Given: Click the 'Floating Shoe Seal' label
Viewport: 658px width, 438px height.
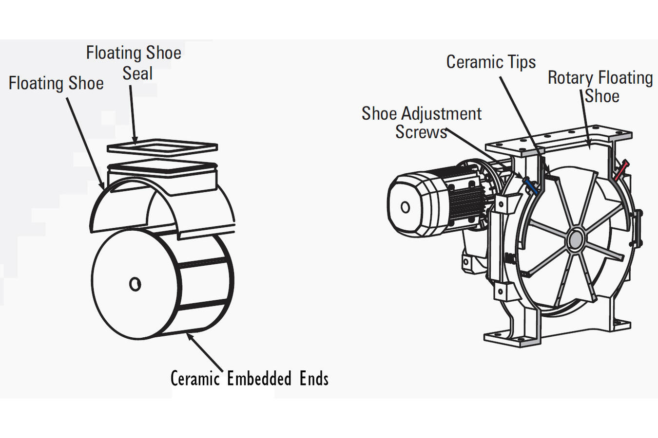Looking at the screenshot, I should coord(134,63).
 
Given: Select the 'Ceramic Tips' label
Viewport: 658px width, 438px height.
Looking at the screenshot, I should coord(491,62).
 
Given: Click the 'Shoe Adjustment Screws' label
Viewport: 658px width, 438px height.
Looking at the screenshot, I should coord(421,123).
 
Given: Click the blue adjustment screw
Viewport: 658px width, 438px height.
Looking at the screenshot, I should coord(530,186).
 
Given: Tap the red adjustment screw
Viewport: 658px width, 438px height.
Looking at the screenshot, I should coord(620,171).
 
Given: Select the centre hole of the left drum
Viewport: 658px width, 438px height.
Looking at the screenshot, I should coord(135,283).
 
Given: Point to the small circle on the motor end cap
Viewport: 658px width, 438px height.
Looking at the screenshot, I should coord(405,207).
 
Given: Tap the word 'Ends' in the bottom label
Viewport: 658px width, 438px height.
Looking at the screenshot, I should coord(314,379).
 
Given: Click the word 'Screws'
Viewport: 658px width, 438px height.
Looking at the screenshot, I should coord(421,132).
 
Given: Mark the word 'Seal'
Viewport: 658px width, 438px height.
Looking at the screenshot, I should coord(137,73).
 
